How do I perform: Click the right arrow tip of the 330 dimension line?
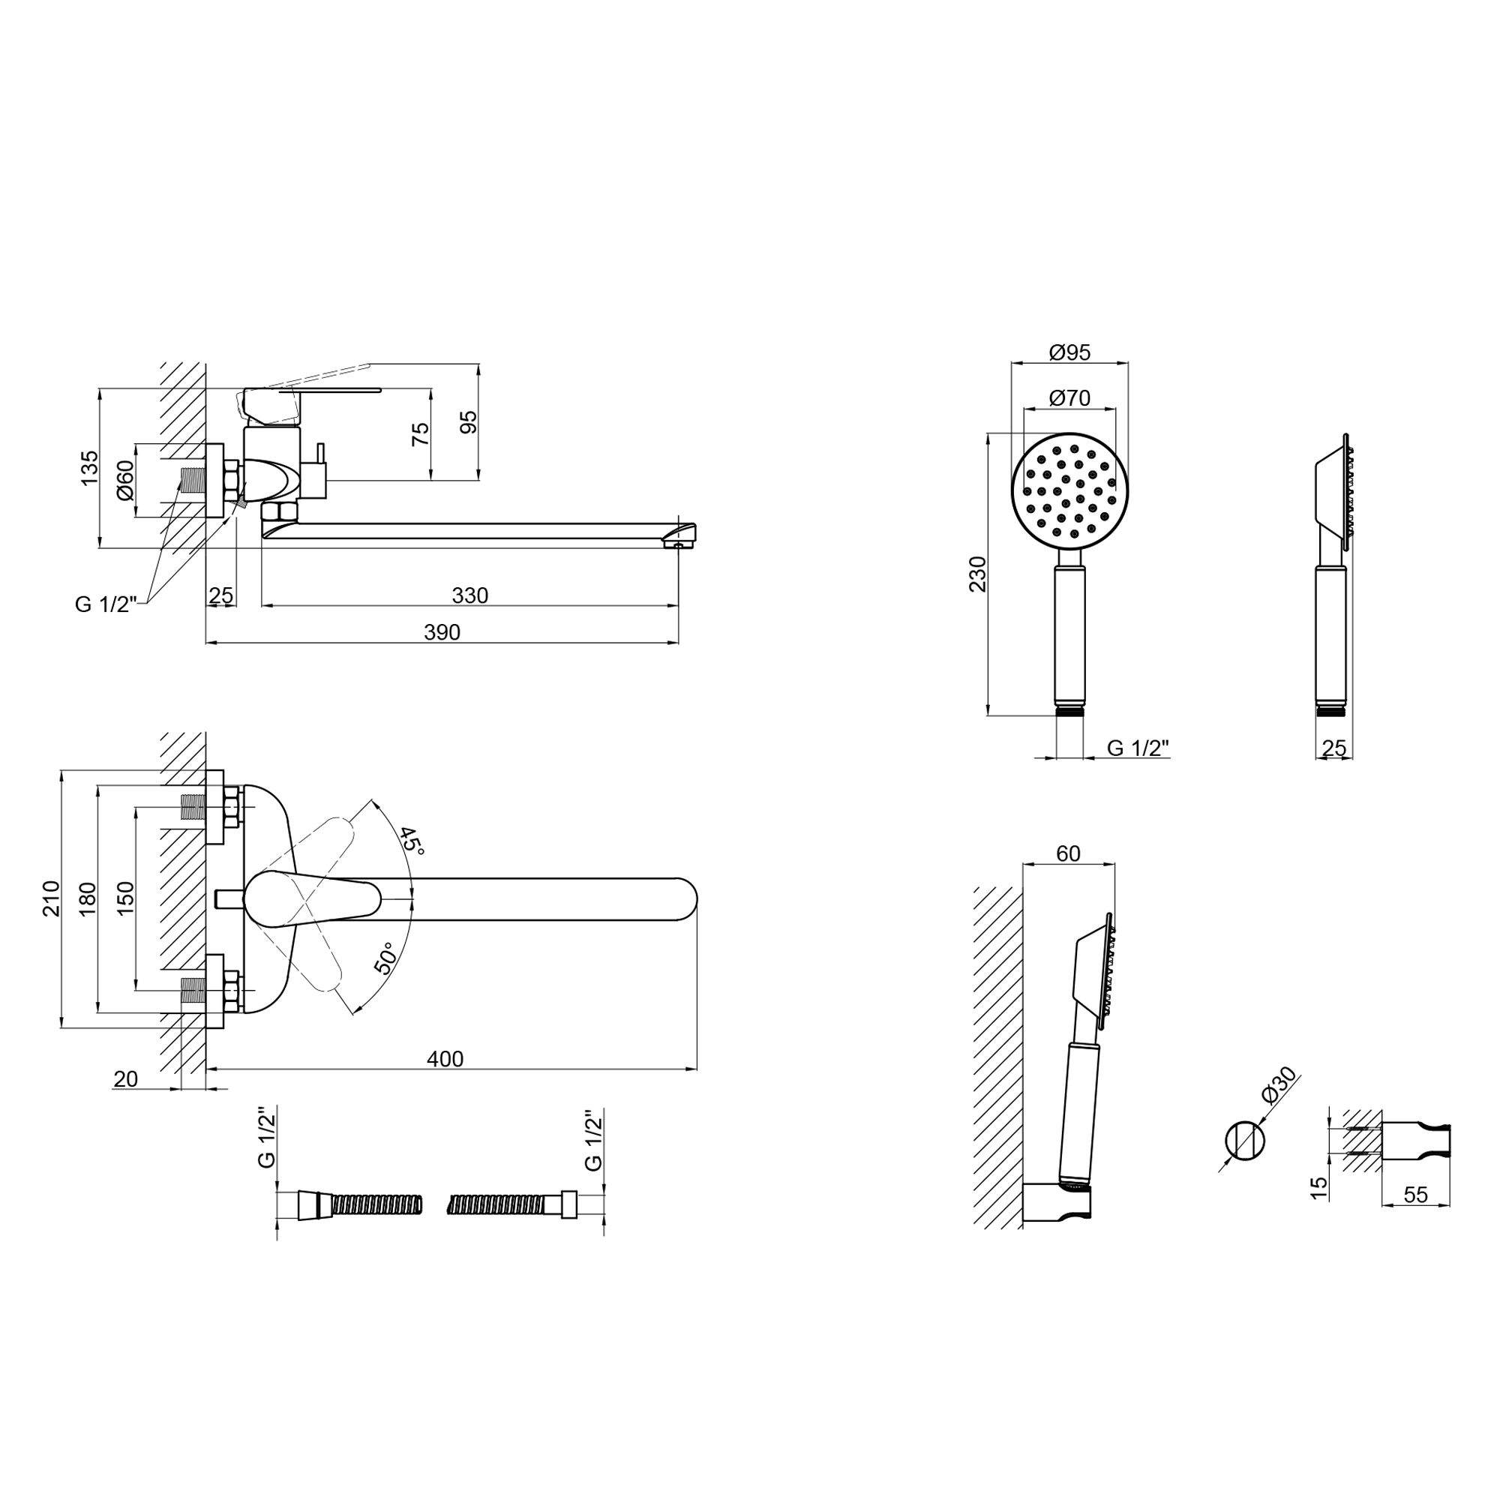coord(678,605)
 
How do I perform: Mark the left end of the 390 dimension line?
coord(205,643)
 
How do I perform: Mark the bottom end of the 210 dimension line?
coord(61,1028)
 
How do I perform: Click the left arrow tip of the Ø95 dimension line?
coord(1012,362)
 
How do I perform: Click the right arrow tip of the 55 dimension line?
coord(1450,1206)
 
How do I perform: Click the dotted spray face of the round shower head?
coord(1070,490)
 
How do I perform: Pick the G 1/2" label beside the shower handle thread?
coord(1138,748)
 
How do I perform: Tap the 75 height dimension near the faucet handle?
coord(420,434)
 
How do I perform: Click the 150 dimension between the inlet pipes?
coord(125,898)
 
